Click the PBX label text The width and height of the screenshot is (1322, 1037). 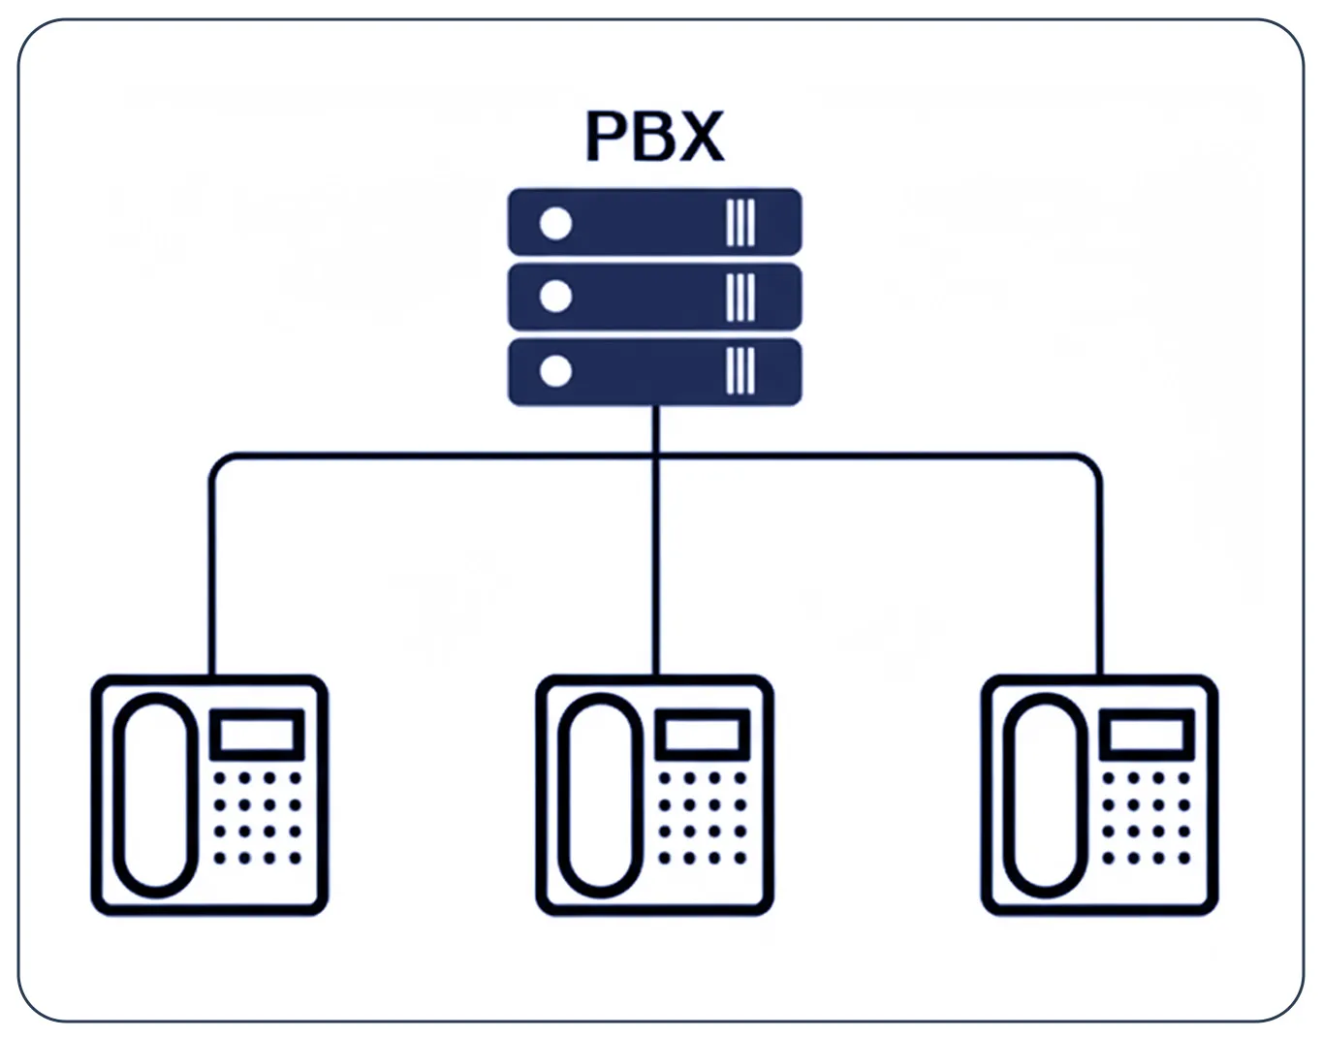pyautogui.click(x=654, y=137)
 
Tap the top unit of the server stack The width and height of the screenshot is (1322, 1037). pyautogui.click(x=654, y=222)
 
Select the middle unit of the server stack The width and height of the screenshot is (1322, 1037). pyautogui.click(x=654, y=297)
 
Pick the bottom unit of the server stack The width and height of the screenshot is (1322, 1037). pyautogui.click(x=654, y=371)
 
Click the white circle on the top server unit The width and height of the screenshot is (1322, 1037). pyautogui.click(x=555, y=223)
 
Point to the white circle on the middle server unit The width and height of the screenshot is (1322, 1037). pyautogui.click(x=555, y=297)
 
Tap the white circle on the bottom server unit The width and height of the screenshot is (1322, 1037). pyautogui.click(x=555, y=371)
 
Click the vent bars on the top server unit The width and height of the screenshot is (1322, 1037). pyautogui.click(x=740, y=223)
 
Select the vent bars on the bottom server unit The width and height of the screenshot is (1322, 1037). pyautogui.click(x=740, y=371)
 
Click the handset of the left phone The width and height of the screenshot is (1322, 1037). pyautogui.click(x=155, y=795)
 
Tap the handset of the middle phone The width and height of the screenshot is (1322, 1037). pyautogui.click(x=600, y=795)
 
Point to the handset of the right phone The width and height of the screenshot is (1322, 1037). pyautogui.click(x=1045, y=795)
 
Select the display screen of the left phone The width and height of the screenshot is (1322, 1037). pyautogui.click(x=257, y=734)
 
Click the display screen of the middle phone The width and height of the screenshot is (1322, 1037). pyautogui.click(x=702, y=734)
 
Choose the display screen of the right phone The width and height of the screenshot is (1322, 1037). pyautogui.click(x=1147, y=734)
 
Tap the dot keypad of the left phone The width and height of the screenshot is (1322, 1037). pyautogui.click(x=257, y=818)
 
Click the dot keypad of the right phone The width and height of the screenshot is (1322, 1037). pyautogui.click(x=1147, y=818)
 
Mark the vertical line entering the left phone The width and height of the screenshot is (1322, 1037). pyautogui.click(x=212, y=581)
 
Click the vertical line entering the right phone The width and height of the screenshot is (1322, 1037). pyautogui.click(x=1099, y=581)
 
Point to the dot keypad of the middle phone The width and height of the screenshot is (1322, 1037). pyautogui.click(x=702, y=818)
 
